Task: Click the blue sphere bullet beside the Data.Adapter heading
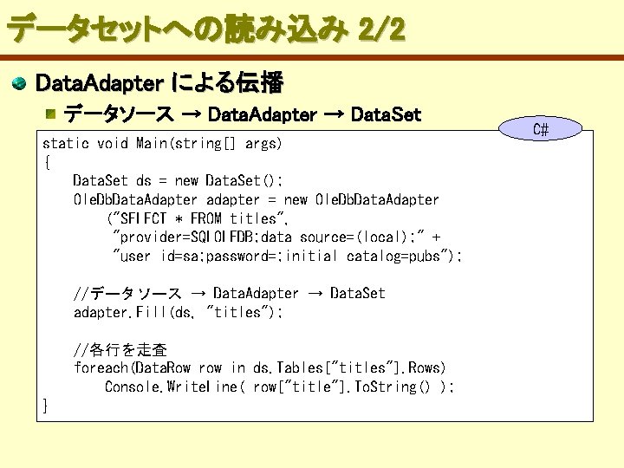click(x=18, y=84)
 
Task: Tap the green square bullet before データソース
click(x=53, y=114)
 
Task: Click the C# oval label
click(x=540, y=130)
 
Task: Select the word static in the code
click(x=66, y=143)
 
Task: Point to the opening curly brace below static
click(x=47, y=161)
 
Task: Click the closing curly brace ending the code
click(x=47, y=405)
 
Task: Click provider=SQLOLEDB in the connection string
click(x=187, y=237)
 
